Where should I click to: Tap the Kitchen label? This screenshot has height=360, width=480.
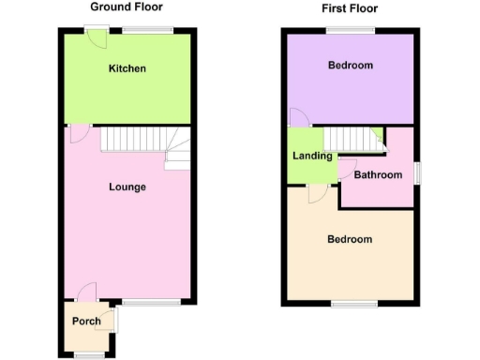[x=127, y=69]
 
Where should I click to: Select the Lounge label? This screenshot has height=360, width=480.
[x=127, y=187]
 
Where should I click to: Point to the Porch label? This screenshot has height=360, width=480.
[x=85, y=322]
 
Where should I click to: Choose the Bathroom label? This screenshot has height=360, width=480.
[x=378, y=175]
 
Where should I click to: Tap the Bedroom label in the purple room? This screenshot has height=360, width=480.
[x=350, y=66]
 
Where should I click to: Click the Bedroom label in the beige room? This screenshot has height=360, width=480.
[x=349, y=239]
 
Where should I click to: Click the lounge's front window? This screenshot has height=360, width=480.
[x=151, y=302]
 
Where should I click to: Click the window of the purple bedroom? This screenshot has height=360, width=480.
[x=351, y=30]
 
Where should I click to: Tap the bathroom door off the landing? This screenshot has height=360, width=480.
[x=345, y=170]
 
